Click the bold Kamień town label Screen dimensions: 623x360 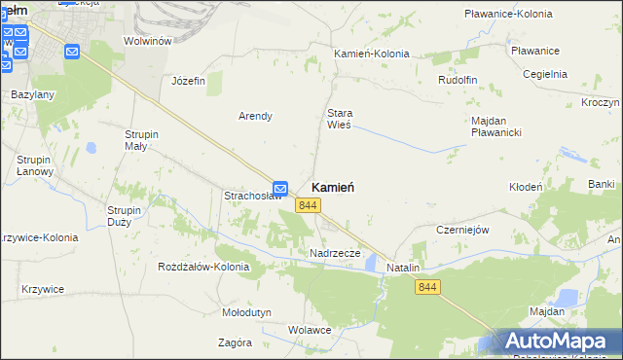[x=333, y=187]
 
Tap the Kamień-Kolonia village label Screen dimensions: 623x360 [x=371, y=54]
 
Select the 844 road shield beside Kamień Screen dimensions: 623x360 [x=309, y=204]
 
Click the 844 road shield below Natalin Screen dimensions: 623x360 [x=428, y=286]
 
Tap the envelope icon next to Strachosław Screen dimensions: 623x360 [x=280, y=188]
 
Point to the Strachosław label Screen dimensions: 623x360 [x=253, y=196]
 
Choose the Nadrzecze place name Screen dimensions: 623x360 [x=335, y=253]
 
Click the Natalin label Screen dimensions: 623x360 [x=403, y=267]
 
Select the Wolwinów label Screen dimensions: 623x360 [x=148, y=41]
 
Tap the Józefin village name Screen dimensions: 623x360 [x=188, y=81]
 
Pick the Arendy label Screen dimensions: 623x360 [x=255, y=116]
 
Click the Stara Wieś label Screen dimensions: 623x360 [x=339, y=119]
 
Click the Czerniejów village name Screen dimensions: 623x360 [x=461, y=230]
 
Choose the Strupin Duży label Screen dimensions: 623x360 [x=126, y=215]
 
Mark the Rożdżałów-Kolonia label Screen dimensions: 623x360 [x=203, y=267]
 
